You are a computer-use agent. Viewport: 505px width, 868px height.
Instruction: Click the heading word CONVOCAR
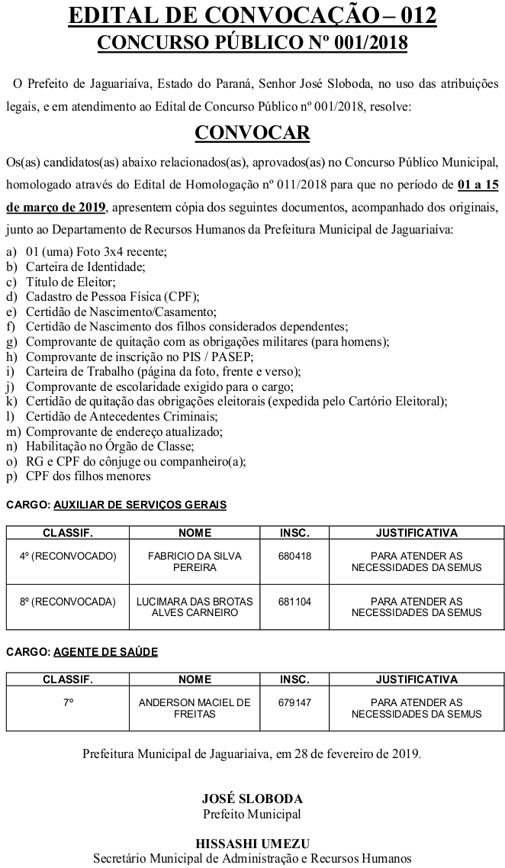(252, 133)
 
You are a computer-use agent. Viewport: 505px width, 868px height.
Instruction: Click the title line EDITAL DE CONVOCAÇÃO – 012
(252, 15)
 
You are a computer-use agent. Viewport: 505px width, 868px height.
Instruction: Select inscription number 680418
(295, 557)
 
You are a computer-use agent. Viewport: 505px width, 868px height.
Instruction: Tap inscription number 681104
(295, 602)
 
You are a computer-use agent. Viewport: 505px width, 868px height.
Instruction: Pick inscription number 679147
(295, 702)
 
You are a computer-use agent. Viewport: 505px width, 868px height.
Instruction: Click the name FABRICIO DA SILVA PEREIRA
(195, 562)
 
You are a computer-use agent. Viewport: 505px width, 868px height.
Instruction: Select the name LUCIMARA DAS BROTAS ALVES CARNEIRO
(195, 607)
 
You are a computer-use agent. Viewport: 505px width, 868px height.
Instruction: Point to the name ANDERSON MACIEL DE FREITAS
(195, 708)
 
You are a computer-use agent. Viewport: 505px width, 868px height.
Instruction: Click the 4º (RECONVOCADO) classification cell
(68, 557)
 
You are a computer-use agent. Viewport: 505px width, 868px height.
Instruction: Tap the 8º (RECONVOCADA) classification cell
(68, 602)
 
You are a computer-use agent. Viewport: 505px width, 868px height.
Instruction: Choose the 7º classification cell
(68, 702)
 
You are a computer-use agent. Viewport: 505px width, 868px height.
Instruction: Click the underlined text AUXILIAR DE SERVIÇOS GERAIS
(140, 505)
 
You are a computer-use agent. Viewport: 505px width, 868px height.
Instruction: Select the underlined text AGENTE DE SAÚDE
(105, 651)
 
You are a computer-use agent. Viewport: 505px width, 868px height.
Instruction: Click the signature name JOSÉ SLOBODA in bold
(252, 799)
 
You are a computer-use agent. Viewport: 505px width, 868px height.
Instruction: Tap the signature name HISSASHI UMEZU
(252, 844)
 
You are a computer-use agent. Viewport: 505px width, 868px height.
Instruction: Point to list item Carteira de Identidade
(85, 267)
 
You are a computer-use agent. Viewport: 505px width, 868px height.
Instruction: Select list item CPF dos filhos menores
(88, 476)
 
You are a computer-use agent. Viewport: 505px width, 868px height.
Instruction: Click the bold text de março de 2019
(56, 207)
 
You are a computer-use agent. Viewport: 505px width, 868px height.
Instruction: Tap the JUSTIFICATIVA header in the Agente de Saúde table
(417, 679)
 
